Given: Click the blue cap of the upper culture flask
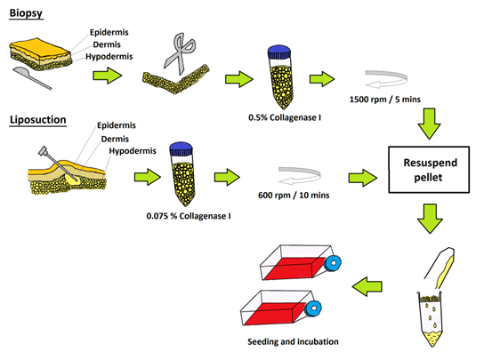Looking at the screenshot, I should tap(333, 264).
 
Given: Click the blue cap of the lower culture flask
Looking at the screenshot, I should tap(312, 308).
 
